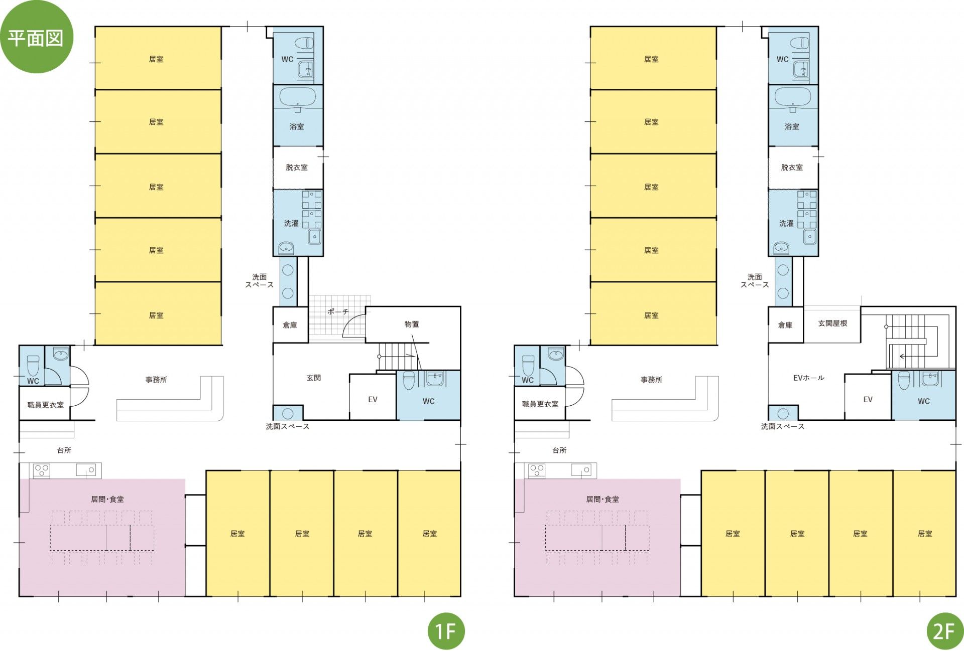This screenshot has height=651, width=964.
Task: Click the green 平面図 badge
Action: coord(36,37)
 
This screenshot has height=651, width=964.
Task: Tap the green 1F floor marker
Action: coord(446,630)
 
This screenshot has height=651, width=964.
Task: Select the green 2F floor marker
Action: coord(944,630)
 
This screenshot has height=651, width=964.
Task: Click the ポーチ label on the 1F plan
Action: coord(338,311)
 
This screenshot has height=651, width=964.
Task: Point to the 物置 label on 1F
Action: coord(412,324)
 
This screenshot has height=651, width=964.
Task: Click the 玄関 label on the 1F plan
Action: coord(314,378)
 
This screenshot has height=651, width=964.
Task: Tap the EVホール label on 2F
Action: coord(808,378)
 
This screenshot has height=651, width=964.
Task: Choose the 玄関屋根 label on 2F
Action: coord(832,323)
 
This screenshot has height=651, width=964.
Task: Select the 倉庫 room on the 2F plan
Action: coord(786,324)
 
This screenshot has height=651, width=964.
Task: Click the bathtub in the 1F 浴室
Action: coord(297,97)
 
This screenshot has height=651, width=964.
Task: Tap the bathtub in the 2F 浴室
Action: coord(793,97)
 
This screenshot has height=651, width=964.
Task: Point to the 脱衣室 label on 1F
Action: coord(297,167)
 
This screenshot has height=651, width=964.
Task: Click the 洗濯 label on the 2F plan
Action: coord(786,223)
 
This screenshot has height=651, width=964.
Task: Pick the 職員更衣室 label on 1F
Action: coord(45,404)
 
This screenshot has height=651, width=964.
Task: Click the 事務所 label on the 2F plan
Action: coord(651,380)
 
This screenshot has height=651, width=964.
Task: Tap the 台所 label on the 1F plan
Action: coord(64,450)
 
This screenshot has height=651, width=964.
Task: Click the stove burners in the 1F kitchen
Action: coord(41,470)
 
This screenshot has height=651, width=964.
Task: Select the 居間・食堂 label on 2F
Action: coord(602,499)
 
